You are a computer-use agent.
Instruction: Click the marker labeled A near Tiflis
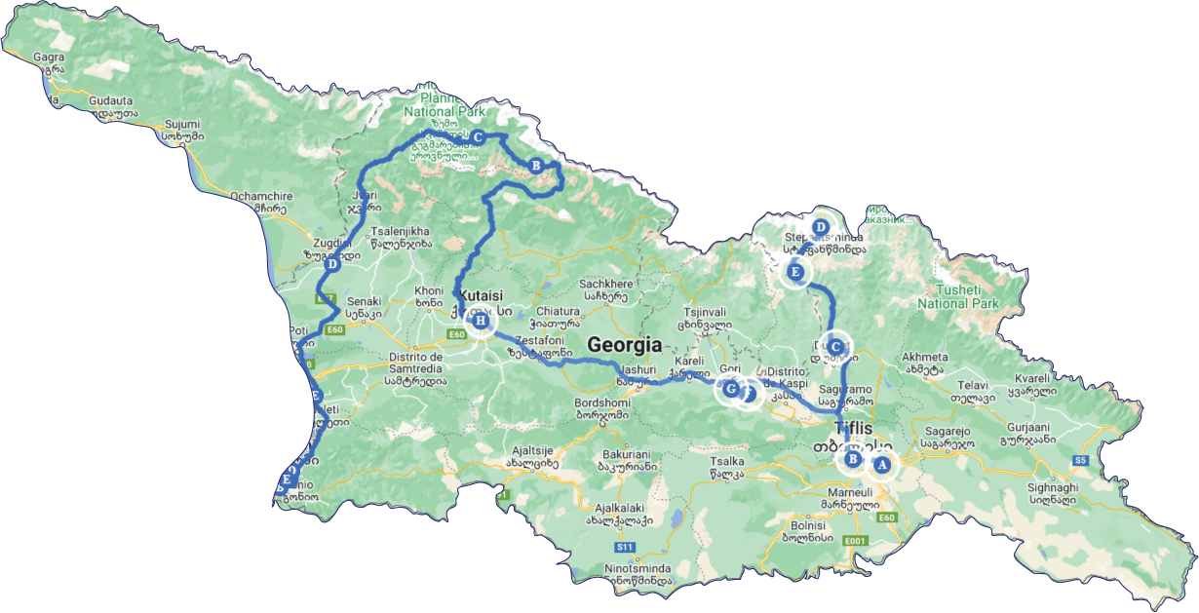882,465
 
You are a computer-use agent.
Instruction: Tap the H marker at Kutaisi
480,321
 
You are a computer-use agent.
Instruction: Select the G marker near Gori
730,390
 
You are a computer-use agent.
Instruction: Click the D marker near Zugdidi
332,264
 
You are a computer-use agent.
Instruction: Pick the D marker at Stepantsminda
820,227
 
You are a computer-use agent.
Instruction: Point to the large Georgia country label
624,344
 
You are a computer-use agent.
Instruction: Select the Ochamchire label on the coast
257,195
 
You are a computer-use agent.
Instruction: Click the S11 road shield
625,548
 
